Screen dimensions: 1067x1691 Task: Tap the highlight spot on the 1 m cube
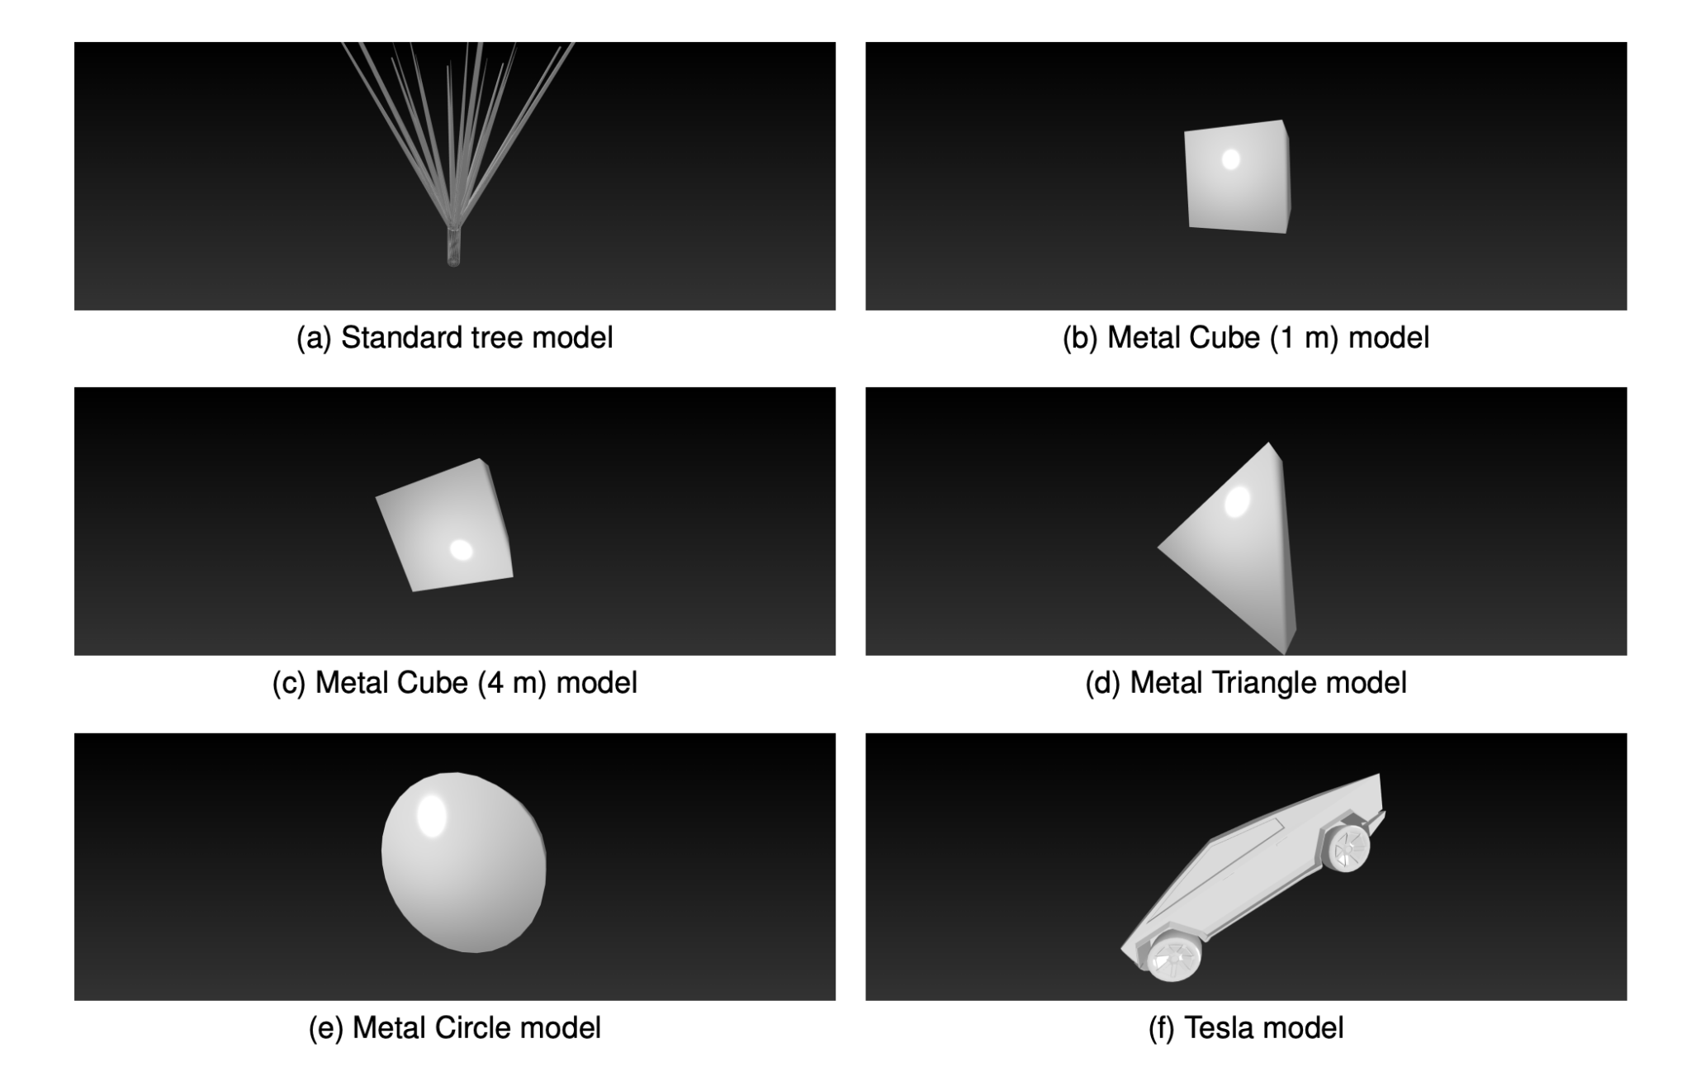point(1230,159)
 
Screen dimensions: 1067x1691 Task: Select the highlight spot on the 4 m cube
point(461,550)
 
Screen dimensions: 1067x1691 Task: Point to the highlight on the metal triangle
point(1236,501)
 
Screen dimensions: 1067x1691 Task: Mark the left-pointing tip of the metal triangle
point(1160,547)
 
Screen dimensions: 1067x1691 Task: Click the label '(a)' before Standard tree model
point(313,338)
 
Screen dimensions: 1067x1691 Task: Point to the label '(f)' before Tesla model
point(1162,1028)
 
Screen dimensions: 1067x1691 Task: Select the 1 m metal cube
point(1236,178)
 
